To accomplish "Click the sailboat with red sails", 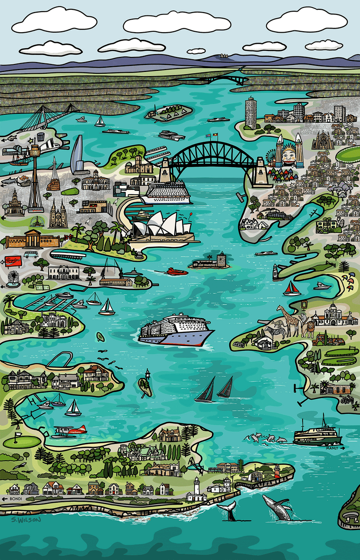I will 292,289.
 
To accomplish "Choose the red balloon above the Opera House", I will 190,216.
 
